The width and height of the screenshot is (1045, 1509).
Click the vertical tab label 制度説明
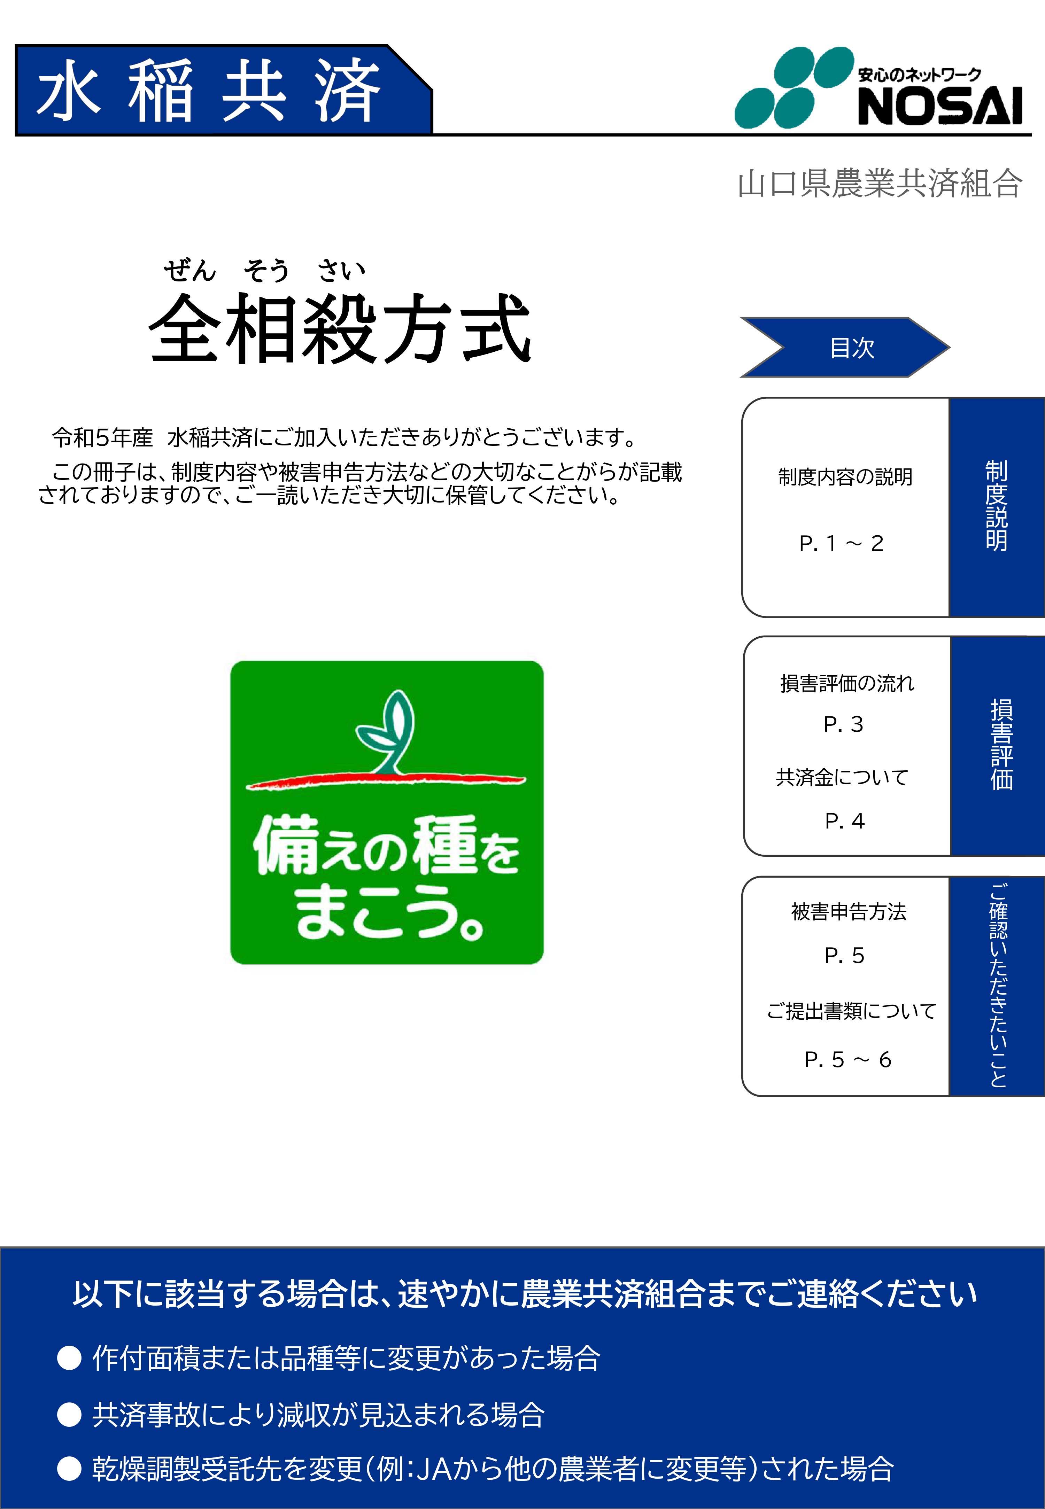[x=997, y=505]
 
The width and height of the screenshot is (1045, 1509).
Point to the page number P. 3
[x=843, y=724]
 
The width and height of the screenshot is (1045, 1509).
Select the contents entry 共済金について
[x=842, y=777]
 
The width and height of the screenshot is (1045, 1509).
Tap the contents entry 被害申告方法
[x=849, y=911]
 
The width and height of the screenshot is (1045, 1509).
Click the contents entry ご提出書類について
[x=852, y=1011]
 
